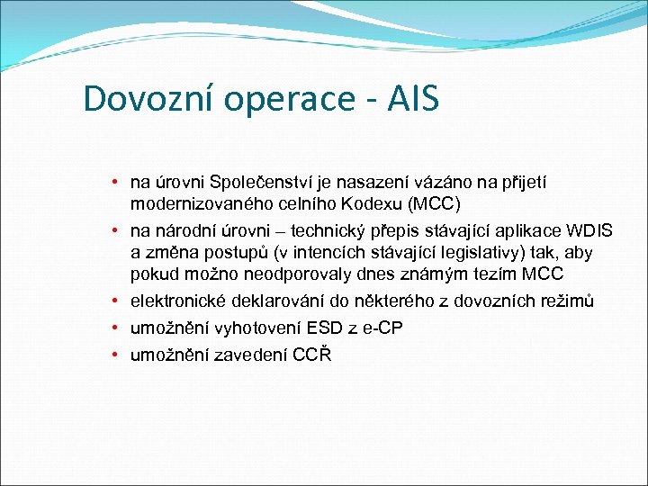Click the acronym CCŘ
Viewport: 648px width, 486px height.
pos(312,355)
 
